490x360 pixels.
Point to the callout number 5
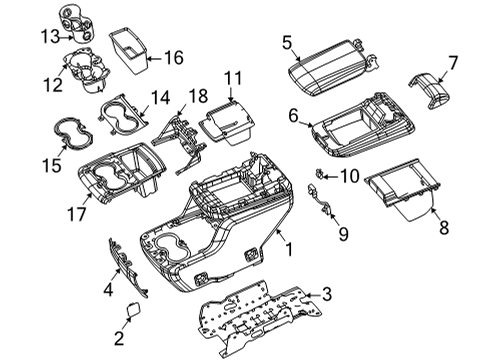coord(286,44)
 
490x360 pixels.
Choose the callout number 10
coord(350,176)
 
